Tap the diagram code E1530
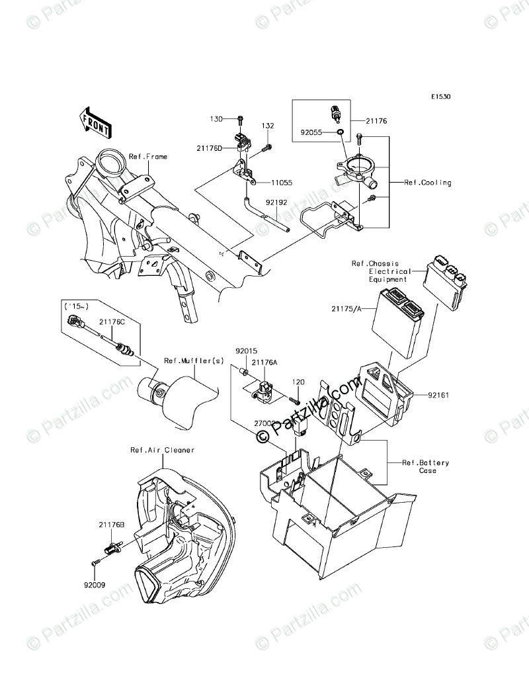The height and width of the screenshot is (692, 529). coord(440,97)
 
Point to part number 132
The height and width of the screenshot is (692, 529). coord(267,126)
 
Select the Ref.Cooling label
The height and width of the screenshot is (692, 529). coord(428,183)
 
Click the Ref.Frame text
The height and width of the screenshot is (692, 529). coord(148,157)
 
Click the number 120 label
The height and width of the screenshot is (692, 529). coord(298,382)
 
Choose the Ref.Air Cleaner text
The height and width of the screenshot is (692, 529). coord(162,451)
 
